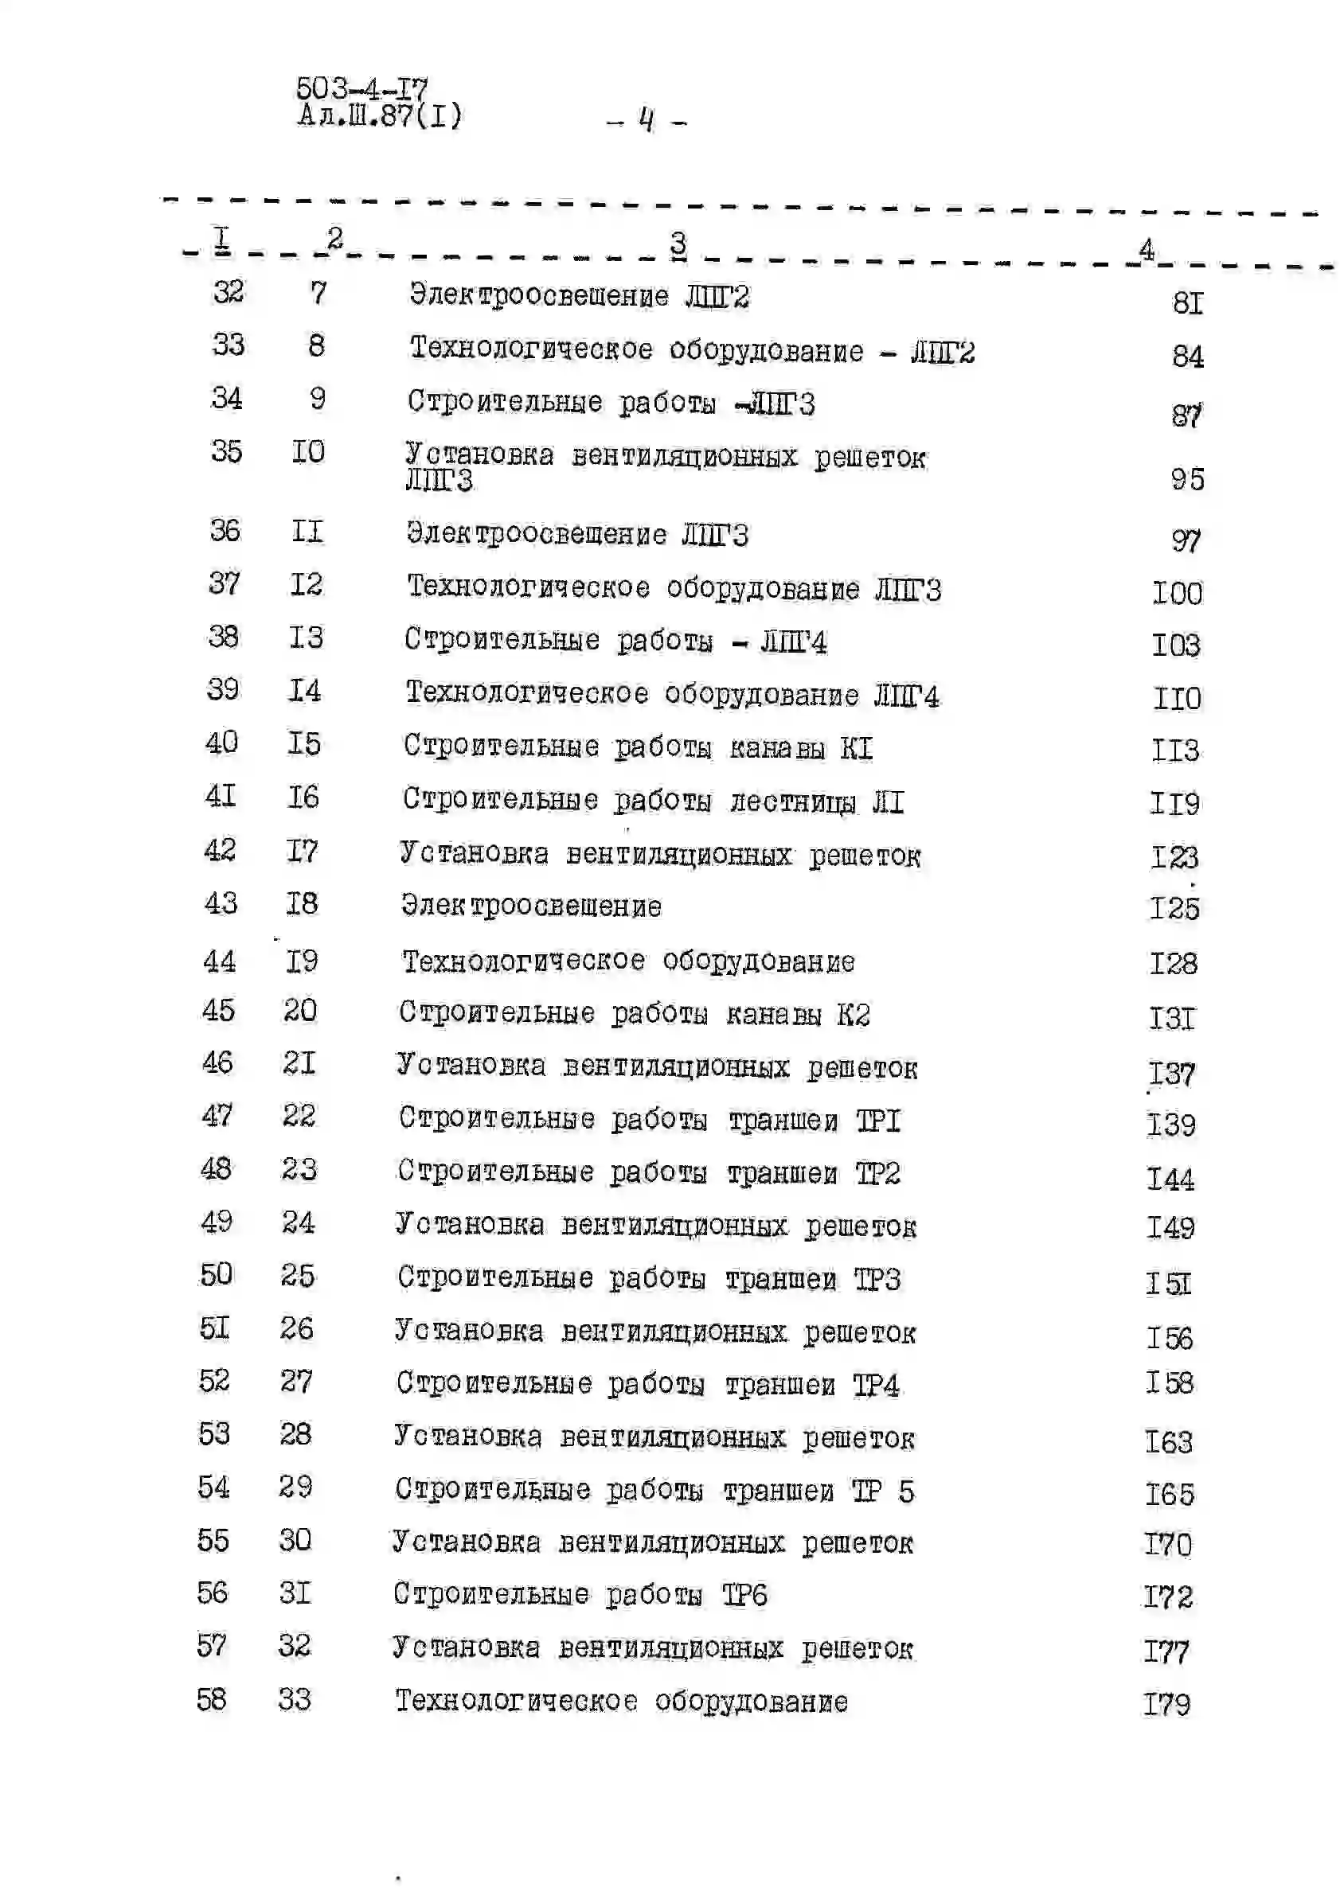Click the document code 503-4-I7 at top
361,88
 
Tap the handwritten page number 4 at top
647,120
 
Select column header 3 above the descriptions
678,244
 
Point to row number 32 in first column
229,291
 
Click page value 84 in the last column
1188,357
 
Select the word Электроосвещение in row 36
537,534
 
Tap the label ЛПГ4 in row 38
794,642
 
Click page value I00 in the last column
1177,593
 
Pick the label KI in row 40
857,748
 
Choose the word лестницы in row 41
792,801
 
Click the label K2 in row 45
854,1014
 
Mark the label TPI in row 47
877,1121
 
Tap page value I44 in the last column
1170,1179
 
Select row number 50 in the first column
216,1275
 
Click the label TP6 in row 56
744,1594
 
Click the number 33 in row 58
295,1699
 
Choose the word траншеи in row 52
780,1385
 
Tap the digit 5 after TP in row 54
906,1491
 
